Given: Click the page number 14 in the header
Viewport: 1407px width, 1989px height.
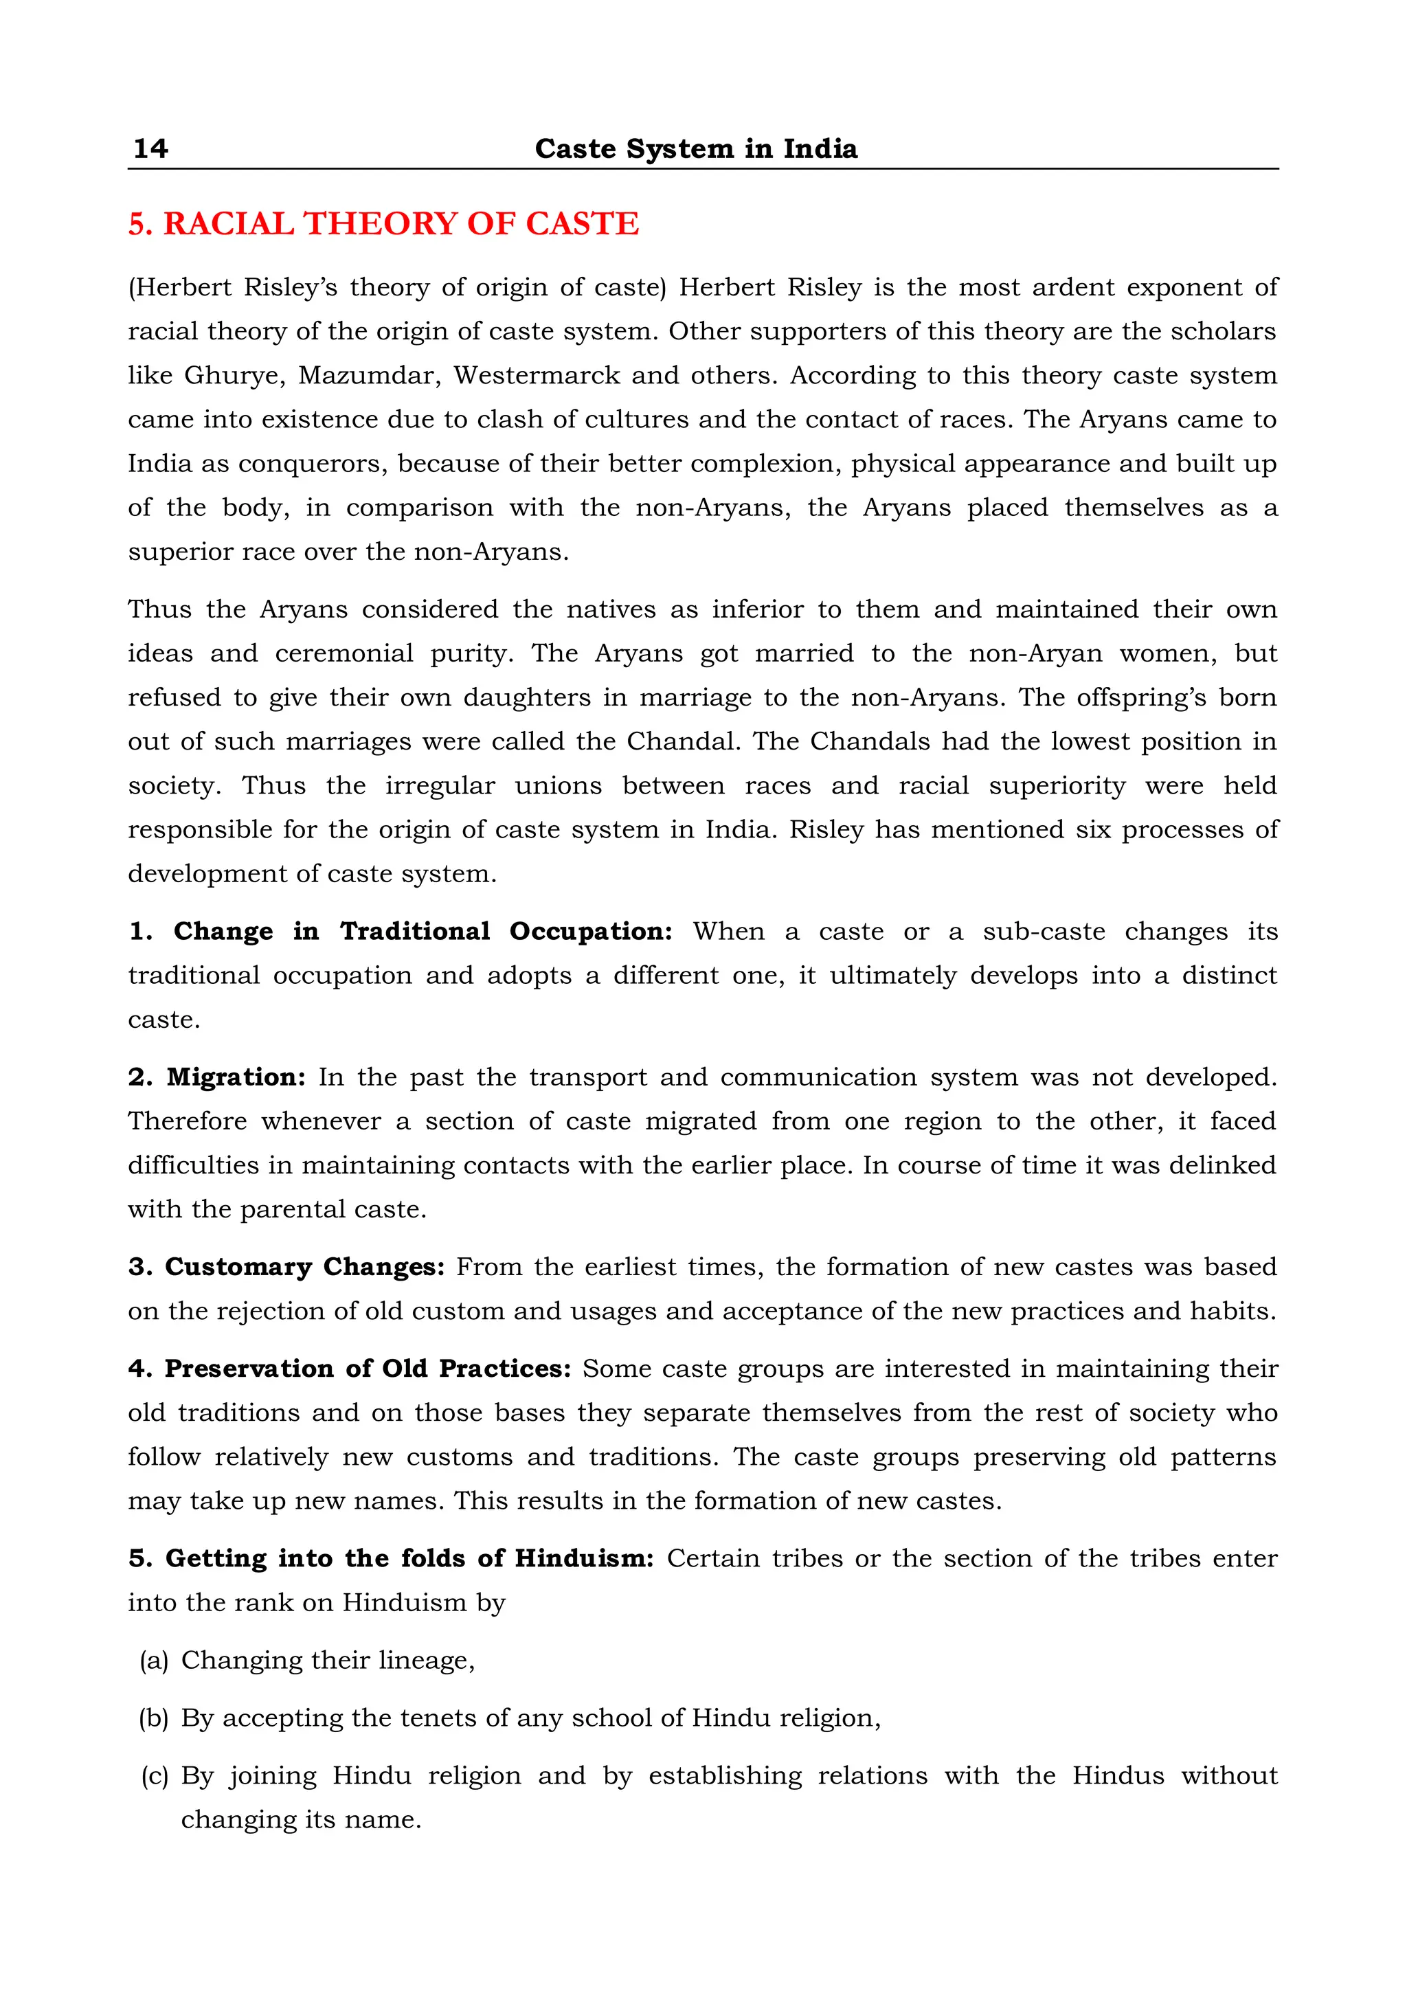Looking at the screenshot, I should (x=150, y=148).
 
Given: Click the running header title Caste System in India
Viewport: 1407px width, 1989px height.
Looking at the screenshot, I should (x=696, y=148).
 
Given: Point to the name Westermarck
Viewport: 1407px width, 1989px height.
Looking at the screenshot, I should (x=537, y=375).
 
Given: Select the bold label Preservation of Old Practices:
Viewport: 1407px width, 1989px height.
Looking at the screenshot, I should (x=368, y=1368).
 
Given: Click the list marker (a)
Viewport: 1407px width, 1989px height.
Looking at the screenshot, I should (x=153, y=1660).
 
